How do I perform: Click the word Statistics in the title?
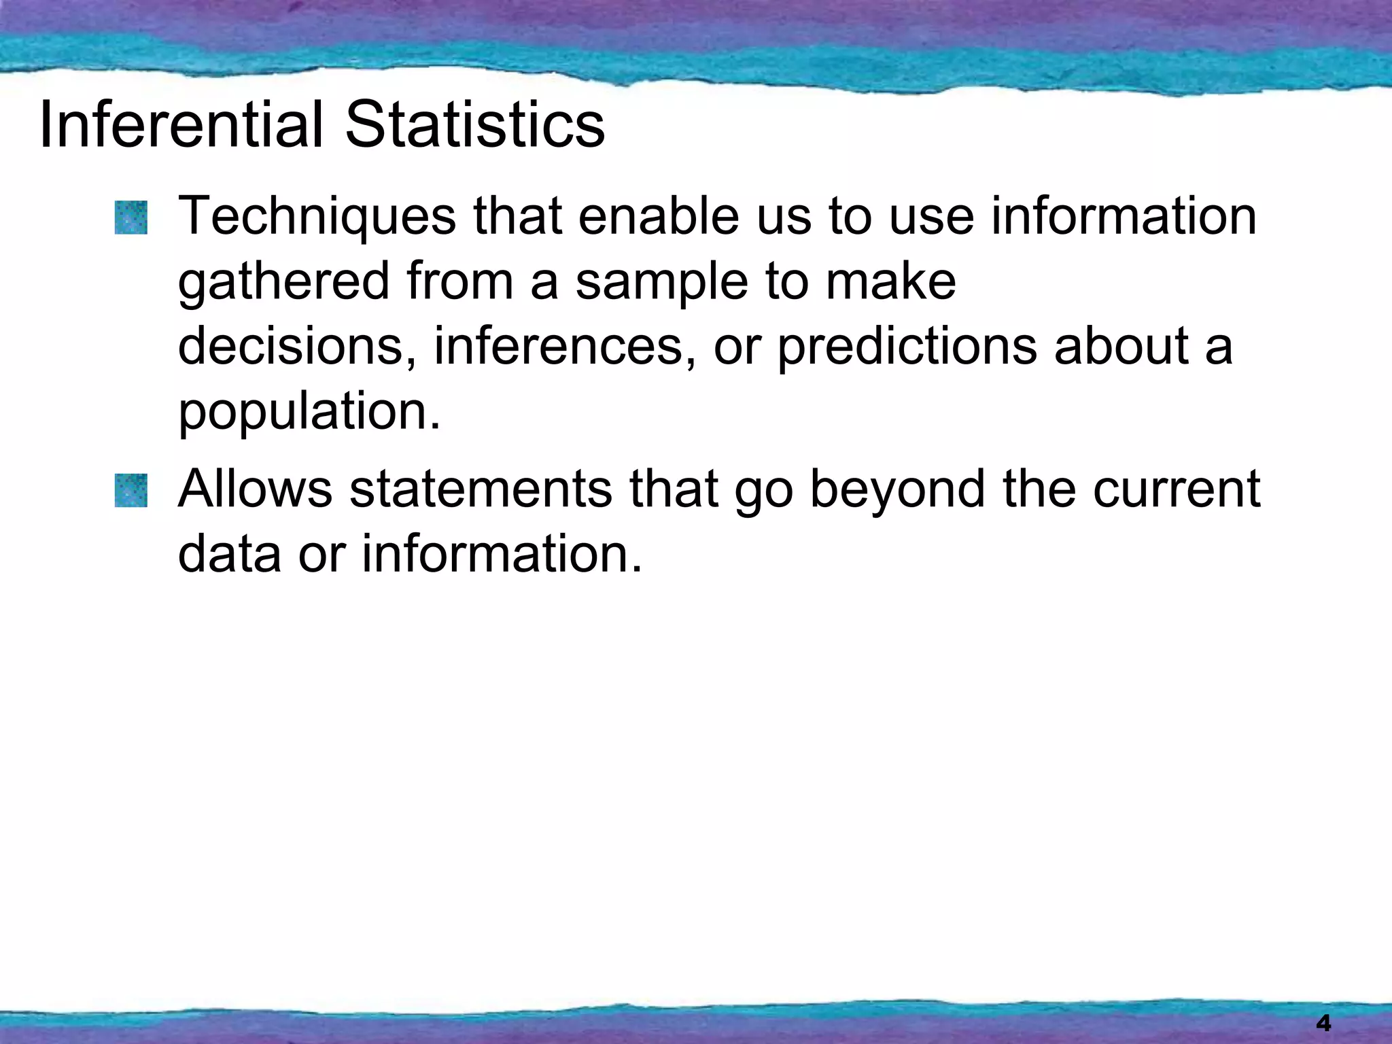tap(475, 124)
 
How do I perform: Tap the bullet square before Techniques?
tap(130, 217)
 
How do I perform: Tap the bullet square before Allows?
tap(130, 491)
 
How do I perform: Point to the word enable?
tap(658, 216)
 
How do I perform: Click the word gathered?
tap(283, 283)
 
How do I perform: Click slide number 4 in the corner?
tap(1323, 1022)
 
